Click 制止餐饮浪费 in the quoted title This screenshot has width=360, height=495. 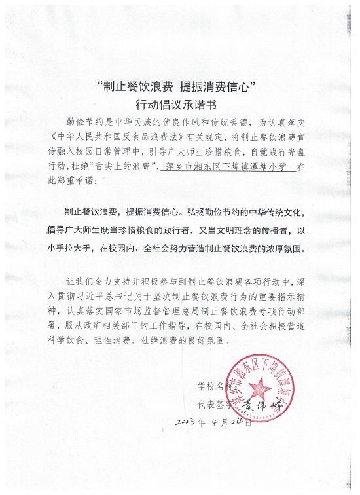coord(130,86)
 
